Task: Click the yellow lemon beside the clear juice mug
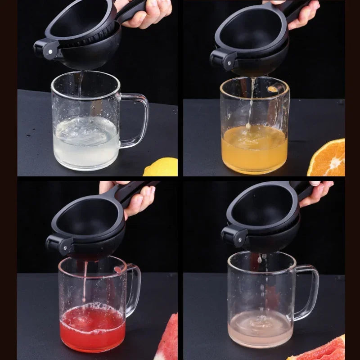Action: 162,167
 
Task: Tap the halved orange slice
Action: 328,159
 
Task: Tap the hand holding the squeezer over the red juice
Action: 135,198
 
